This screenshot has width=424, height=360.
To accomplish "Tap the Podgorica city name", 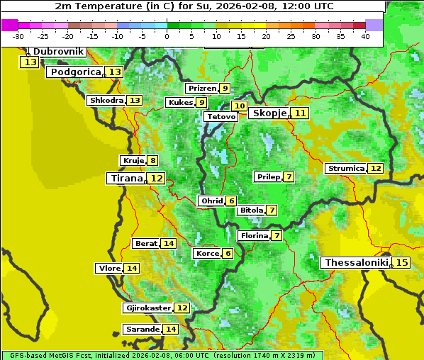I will tap(74, 72).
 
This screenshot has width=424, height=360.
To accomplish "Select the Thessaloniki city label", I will tap(356, 263).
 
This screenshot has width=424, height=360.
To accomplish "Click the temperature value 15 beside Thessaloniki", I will tap(402, 263).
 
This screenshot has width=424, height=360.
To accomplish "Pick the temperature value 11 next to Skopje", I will tap(301, 113).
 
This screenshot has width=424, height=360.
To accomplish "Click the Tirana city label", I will tap(125, 179).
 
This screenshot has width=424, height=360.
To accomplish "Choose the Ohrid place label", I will tap(212, 201).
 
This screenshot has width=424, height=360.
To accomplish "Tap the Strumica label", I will tap(345, 169).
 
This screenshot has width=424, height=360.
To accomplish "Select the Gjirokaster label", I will tap(147, 308).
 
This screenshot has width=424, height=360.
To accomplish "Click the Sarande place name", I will tap(142, 330).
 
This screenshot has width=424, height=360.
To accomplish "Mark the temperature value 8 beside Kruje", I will tap(152, 161).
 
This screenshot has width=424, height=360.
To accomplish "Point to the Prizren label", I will tap(201, 89).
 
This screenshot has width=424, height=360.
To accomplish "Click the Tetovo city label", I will tap(221, 116).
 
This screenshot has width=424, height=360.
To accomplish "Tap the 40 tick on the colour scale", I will tap(365, 36).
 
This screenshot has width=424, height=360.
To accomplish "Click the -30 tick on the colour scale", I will tap(18, 36).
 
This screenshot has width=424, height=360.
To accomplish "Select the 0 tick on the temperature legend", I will tap(167, 36).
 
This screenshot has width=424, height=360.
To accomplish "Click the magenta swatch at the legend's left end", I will tap(9, 25).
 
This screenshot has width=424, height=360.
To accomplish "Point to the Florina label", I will tap(254, 235).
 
